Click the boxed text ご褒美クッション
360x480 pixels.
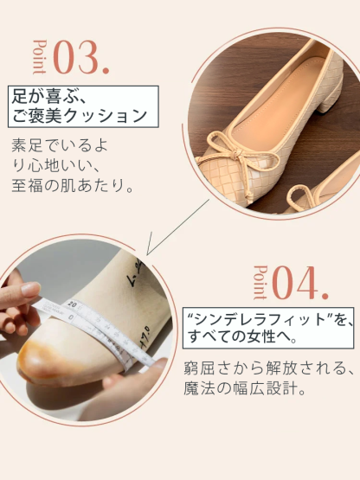click(x=80, y=115)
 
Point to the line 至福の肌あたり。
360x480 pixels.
click(x=73, y=185)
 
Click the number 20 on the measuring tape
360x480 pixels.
click(x=73, y=304)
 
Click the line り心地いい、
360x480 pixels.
click(x=57, y=164)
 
